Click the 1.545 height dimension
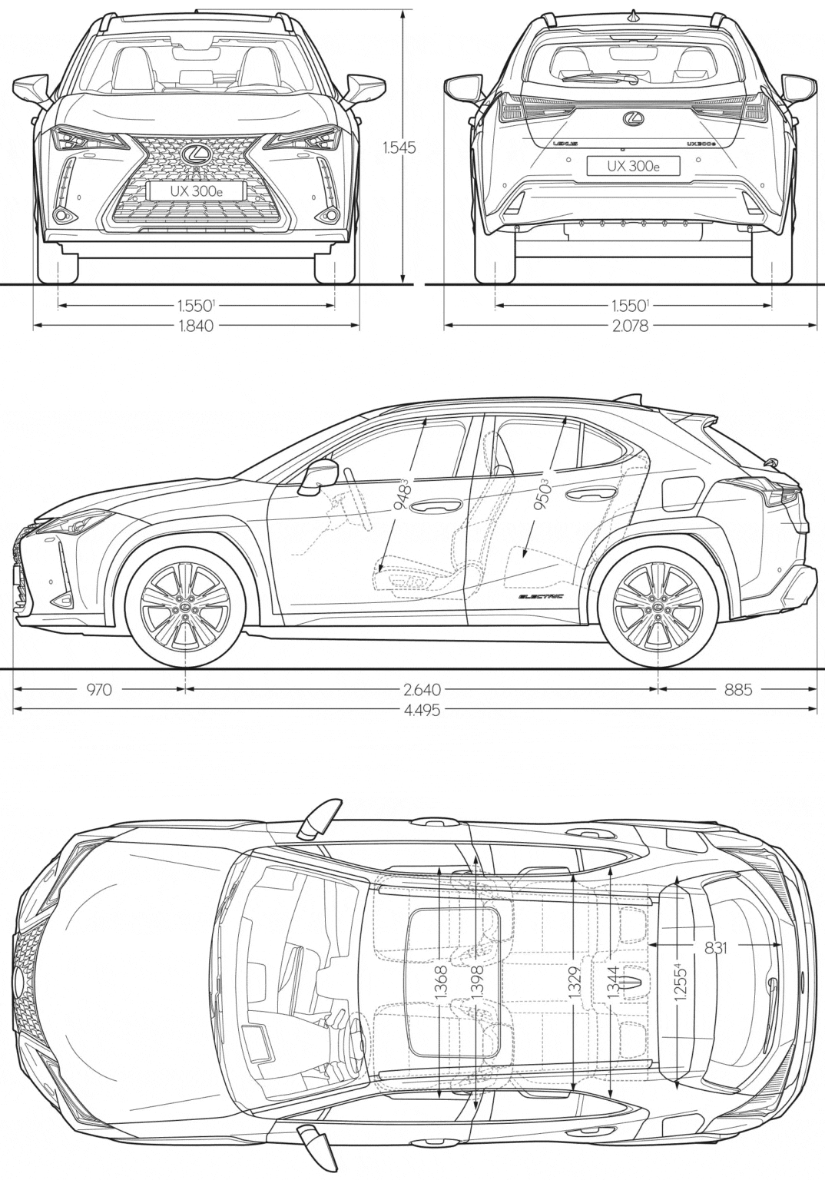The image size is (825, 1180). [399, 148]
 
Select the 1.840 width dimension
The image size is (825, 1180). [197, 326]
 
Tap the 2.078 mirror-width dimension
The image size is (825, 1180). [630, 326]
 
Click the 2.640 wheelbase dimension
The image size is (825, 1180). [421, 689]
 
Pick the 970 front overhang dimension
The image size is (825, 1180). [99, 689]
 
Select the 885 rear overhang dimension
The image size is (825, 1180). [738, 689]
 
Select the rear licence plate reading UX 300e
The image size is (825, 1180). [633, 166]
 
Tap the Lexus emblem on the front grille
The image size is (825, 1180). [195, 154]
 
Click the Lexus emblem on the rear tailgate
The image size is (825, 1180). [633, 119]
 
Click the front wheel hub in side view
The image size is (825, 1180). [184, 608]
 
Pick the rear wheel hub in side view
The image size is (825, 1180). [658, 608]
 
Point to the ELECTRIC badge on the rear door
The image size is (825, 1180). [541, 596]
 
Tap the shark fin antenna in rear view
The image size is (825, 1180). [633, 16]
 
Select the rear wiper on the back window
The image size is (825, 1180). [599, 78]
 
